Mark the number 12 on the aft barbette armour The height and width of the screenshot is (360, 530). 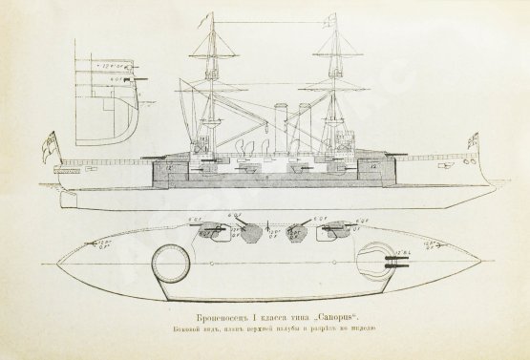tap(168, 167)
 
